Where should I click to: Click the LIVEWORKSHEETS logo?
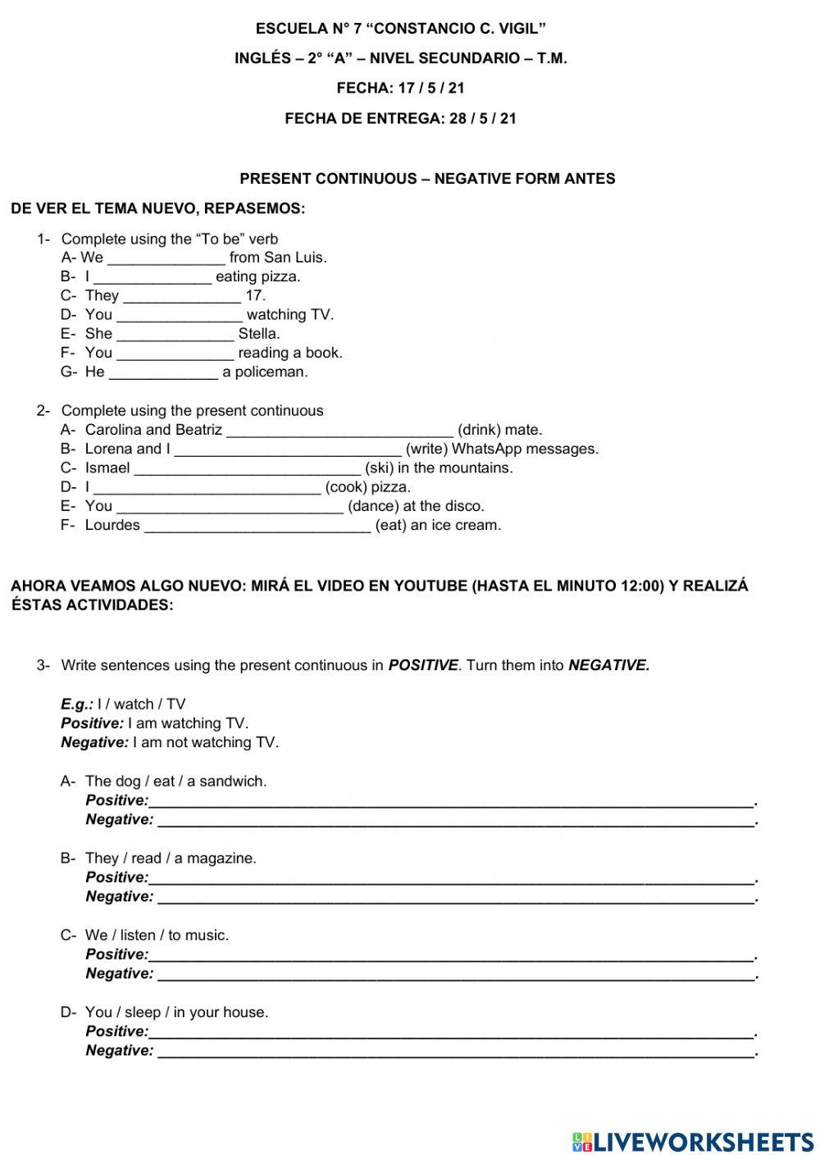click(x=693, y=1141)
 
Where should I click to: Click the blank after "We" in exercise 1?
click(x=166, y=258)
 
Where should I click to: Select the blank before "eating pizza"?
click(x=152, y=277)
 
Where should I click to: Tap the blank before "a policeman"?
click(x=163, y=373)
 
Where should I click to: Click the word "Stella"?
click(x=258, y=334)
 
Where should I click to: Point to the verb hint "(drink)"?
click(x=479, y=430)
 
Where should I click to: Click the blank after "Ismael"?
click(x=247, y=469)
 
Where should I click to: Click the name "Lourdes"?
click(x=112, y=525)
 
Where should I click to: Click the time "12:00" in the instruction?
click(x=643, y=586)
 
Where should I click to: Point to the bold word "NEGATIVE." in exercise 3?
click(x=608, y=665)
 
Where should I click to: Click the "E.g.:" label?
click(x=77, y=704)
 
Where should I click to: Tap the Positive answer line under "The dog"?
click(x=451, y=801)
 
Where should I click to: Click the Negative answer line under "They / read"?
click(x=455, y=897)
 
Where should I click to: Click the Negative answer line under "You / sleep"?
click(x=455, y=1052)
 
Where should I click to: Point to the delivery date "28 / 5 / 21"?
click(x=483, y=118)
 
